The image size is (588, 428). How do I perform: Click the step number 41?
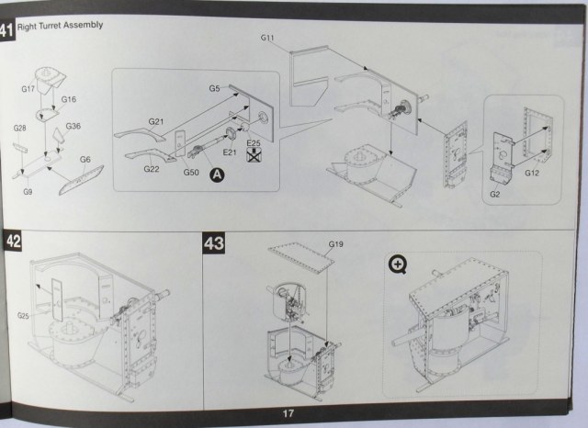coord(7,30)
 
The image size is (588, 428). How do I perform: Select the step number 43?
coord(213,243)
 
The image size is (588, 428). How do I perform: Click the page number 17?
coord(288,413)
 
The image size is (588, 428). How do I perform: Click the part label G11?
coord(268,37)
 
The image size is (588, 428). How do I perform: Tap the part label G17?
coord(28,89)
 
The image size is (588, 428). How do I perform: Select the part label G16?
coord(69,98)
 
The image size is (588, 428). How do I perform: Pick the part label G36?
coord(73,126)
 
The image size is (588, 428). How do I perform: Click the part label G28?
coord(20,129)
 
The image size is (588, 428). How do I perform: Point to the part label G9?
coord(28,191)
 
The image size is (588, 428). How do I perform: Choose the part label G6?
coord(85,159)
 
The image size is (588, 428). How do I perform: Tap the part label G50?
coord(191,172)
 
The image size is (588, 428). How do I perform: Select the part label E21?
coord(229,152)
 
